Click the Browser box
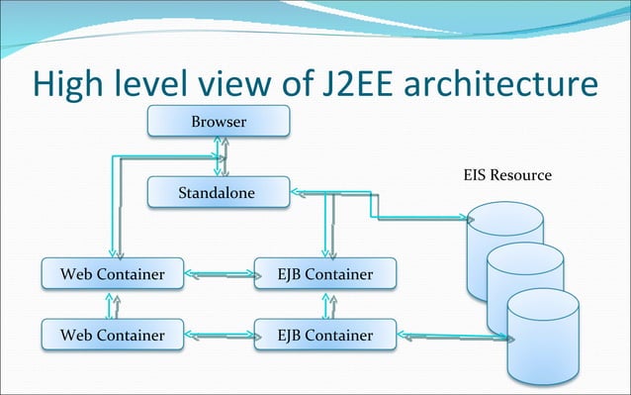pos(219,122)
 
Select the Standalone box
pos(219,192)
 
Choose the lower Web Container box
pos(112,335)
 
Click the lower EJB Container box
pos(325,335)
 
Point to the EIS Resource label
pos(507,175)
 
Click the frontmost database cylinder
pos(543,340)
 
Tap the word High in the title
pos(68,83)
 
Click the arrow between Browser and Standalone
pos(221,156)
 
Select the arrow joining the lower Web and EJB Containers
pos(219,336)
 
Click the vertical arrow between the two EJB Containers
pos(324,304)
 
